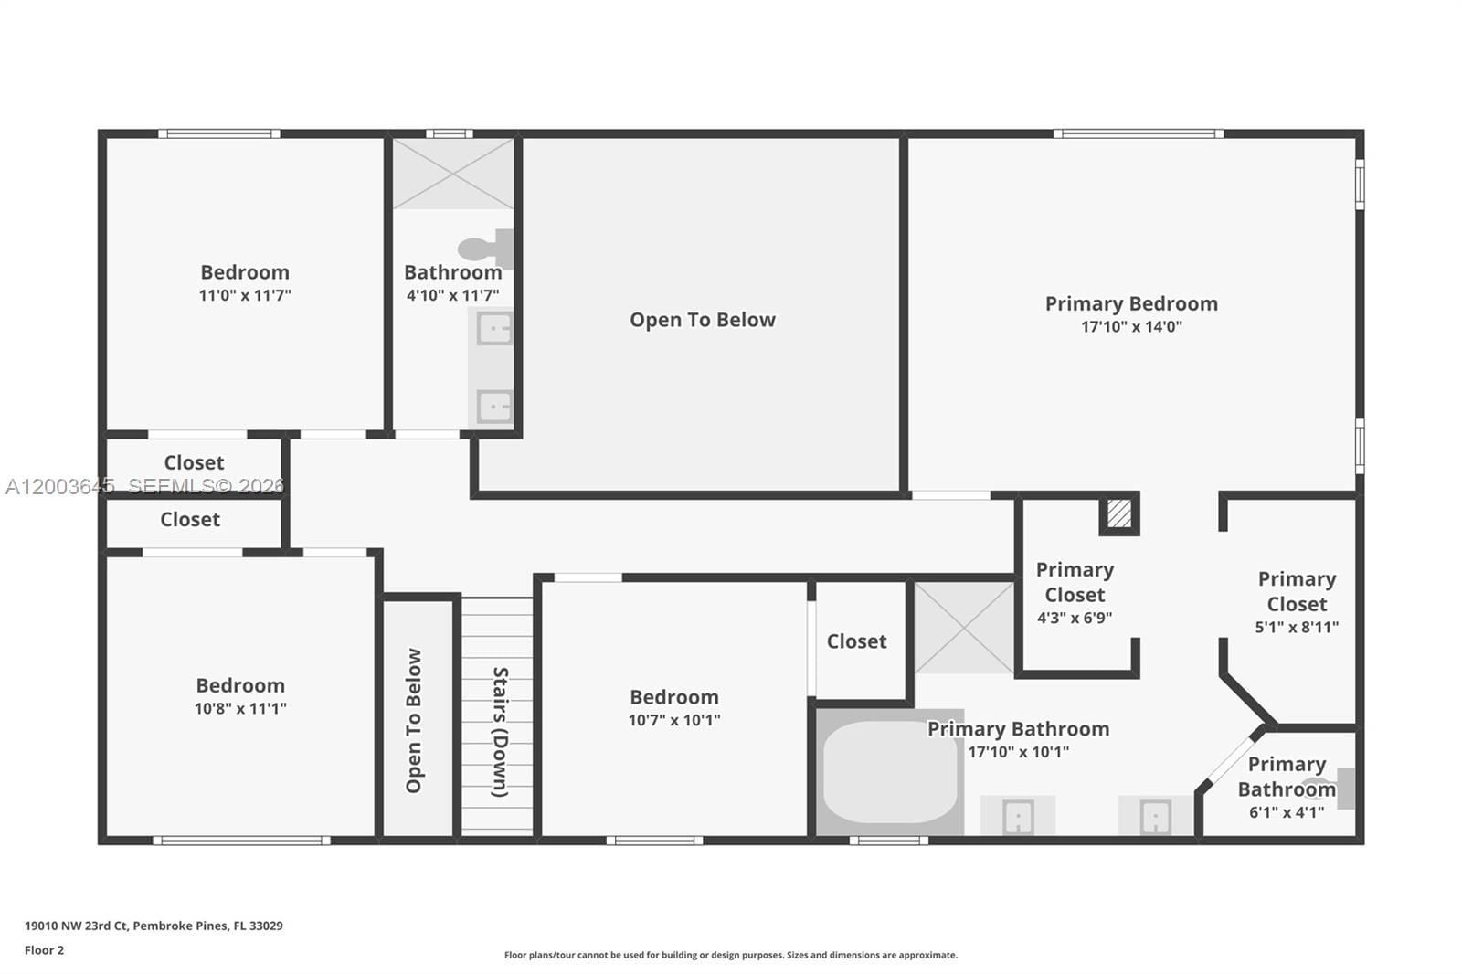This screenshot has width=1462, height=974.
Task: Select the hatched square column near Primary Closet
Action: (1118, 513)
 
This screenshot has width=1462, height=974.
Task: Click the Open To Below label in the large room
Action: (702, 320)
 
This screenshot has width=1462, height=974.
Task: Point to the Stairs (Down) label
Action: (500, 731)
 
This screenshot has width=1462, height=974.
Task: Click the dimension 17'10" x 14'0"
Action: (1131, 327)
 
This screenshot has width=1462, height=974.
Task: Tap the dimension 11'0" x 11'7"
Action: (245, 295)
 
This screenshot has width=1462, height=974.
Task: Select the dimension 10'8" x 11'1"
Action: (240, 708)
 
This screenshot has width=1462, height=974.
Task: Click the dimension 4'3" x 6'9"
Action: (1075, 618)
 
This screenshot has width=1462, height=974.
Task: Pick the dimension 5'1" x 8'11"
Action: (1297, 627)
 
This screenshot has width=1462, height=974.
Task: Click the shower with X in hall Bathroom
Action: (453, 174)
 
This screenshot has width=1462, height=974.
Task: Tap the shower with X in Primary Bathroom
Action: (964, 628)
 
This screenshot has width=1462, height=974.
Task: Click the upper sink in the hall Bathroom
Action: (494, 328)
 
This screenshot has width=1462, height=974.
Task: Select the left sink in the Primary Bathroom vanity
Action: (1018, 816)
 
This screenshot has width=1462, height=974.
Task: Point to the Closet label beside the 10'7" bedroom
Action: (856, 641)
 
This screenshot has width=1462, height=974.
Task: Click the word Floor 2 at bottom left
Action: (44, 950)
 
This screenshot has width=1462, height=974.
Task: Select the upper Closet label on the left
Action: (194, 462)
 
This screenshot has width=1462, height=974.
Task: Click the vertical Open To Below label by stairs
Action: (414, 720)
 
